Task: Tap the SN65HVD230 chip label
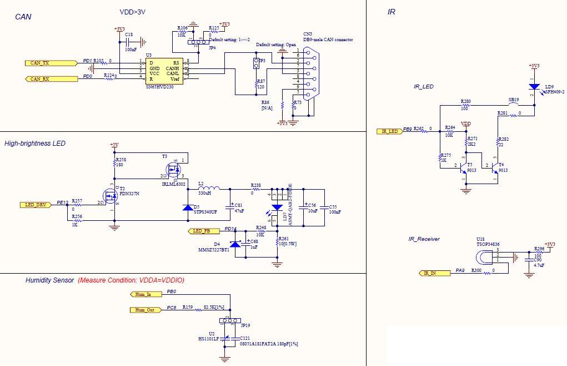tap(159, 87)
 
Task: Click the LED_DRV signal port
tap(37, 204)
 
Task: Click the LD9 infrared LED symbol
tap(534, 87)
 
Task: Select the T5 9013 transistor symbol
tap(464, 168)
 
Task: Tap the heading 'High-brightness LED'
tap(35, 144)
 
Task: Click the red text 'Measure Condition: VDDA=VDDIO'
tap(131, 280)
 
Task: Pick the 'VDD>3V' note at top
tap(133, 12)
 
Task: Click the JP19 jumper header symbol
tap(229, 321)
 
